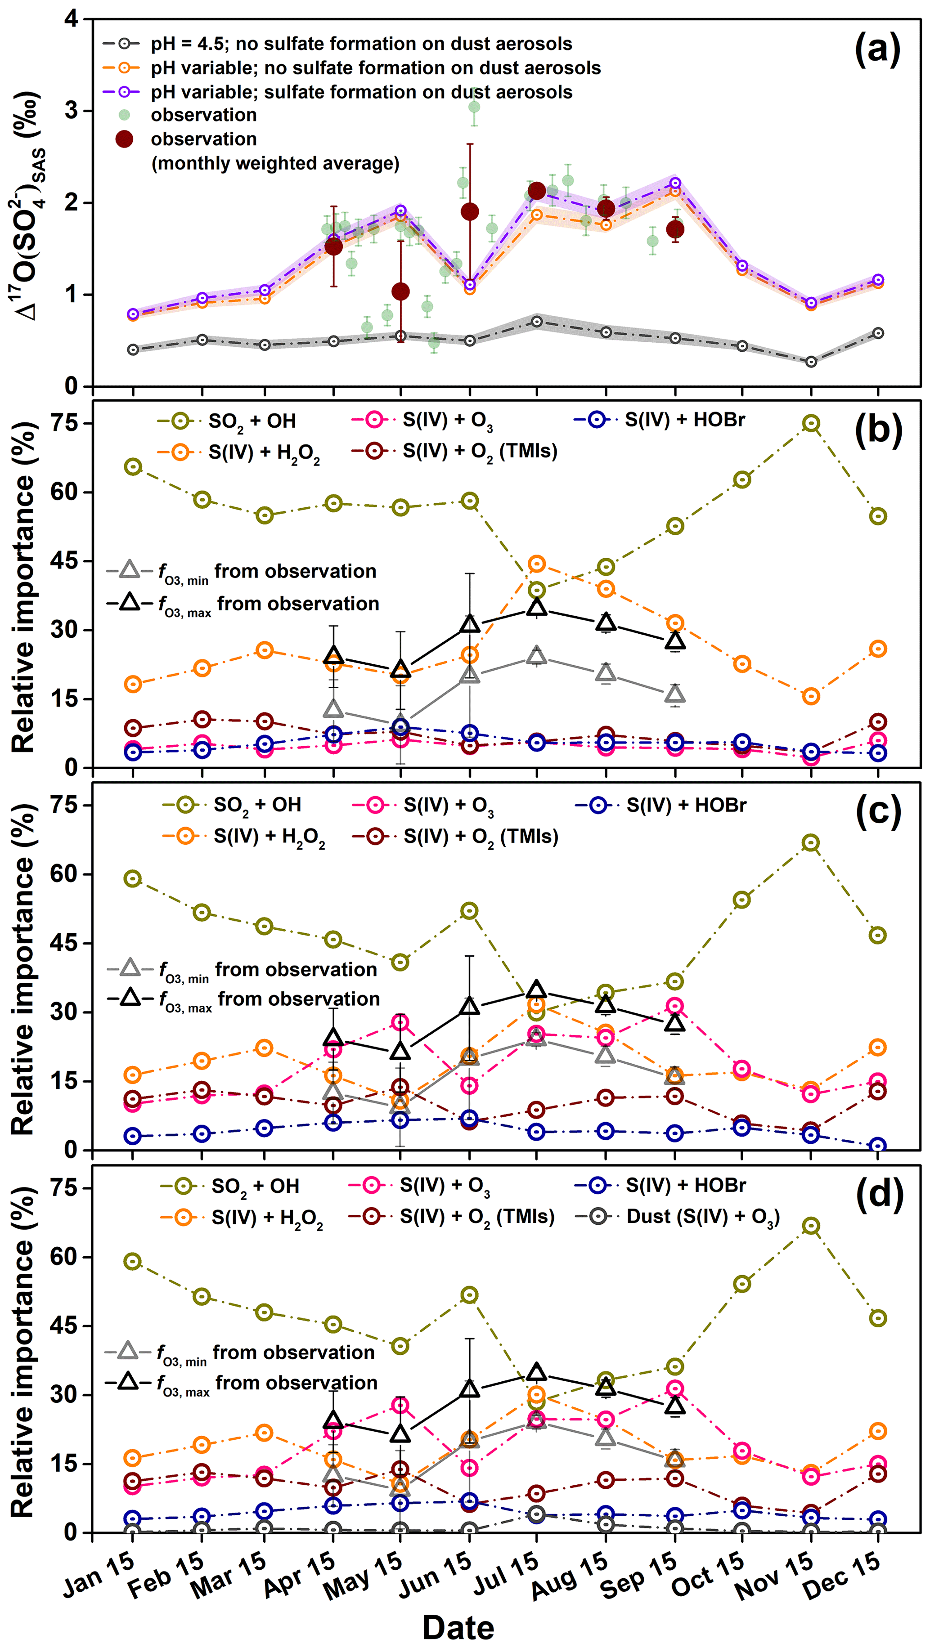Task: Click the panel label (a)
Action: tap(877, 50)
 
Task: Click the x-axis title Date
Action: tap(458, 1627)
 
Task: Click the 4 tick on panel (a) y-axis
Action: tap(71, 19)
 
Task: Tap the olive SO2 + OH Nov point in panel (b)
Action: tap(811, 424)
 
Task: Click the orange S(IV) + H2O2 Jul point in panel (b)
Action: tap(536, 564)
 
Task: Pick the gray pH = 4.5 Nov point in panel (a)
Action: tap(811, 362)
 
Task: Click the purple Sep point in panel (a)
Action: tap(674, 184)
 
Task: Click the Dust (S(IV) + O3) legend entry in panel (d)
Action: tap(678, 1217)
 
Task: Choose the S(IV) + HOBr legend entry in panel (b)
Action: tap(659, 420)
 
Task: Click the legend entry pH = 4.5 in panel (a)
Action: tap(339, 44)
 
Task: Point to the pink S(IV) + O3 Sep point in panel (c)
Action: tap(674, 1006)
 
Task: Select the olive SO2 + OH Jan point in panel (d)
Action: tap(132, 1262)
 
